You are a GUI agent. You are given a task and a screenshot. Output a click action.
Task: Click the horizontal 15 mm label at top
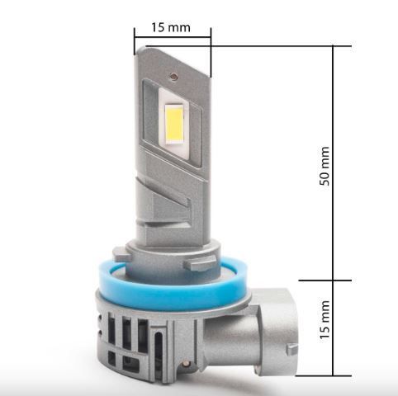[171, 27]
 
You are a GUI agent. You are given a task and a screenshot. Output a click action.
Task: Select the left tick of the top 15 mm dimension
[134, 37]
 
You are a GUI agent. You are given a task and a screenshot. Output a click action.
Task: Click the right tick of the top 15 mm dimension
[211, 37]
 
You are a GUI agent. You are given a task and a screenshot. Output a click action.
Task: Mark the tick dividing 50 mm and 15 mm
[334, 280]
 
